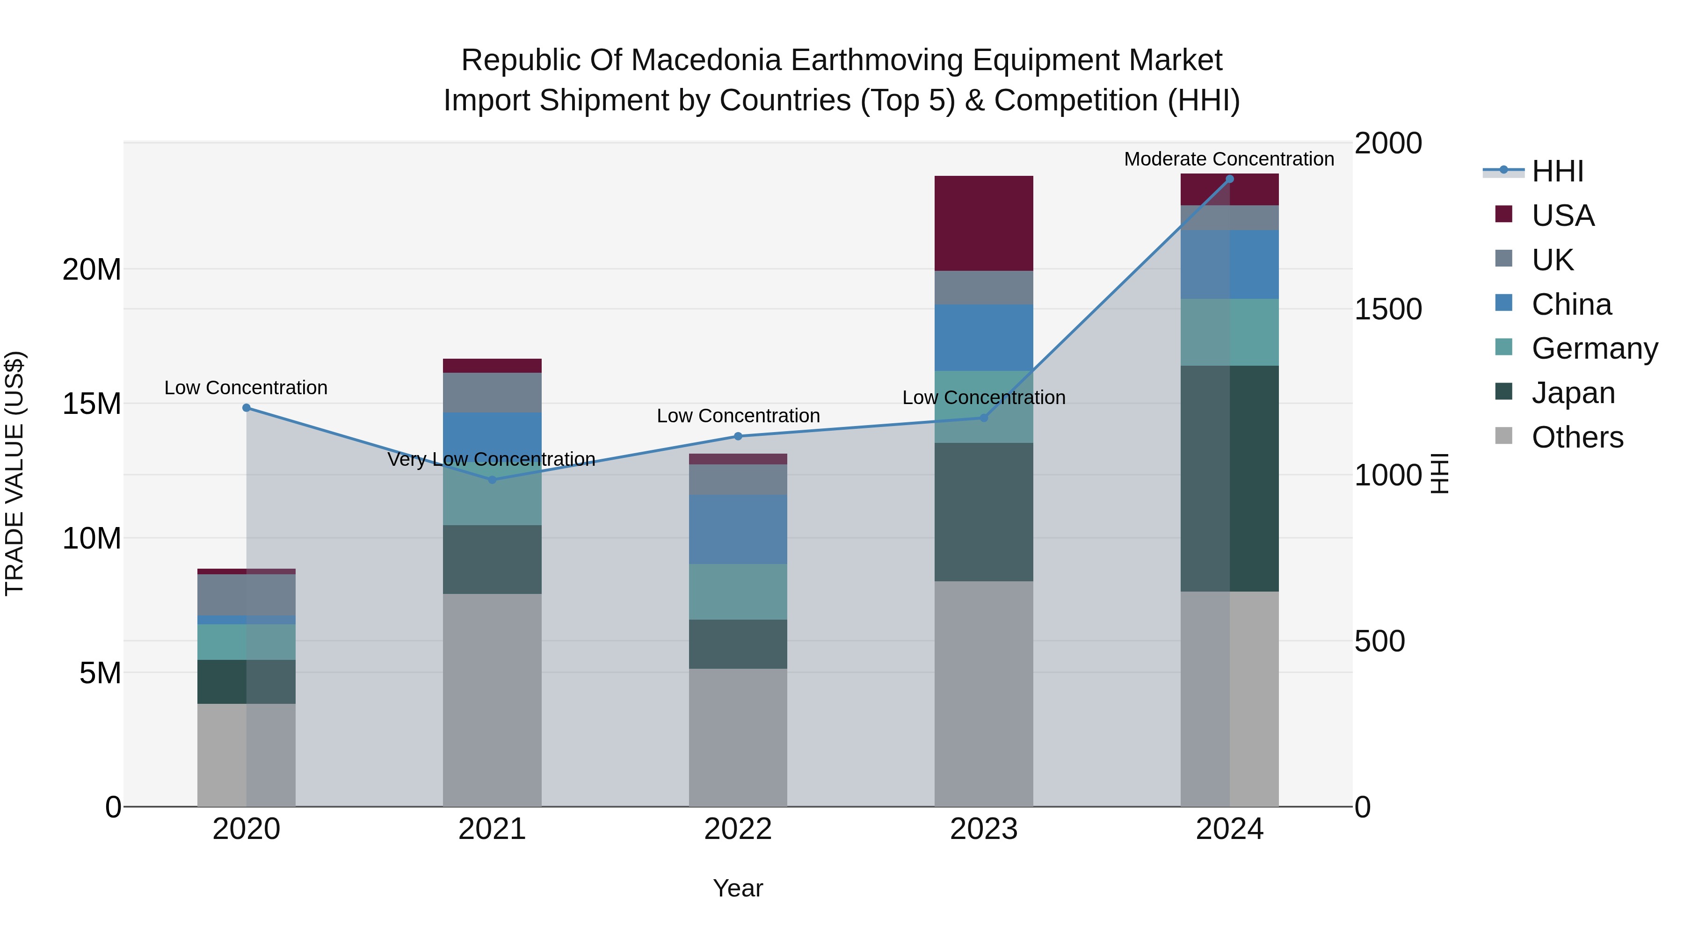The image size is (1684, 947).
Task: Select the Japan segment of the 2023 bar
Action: pyautogui.click(x=983, y=512)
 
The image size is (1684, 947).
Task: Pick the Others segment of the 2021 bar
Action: pyautogui.click(x=492, y=699)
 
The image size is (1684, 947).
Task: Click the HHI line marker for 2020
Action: pyautogui.click(x=247, y=408)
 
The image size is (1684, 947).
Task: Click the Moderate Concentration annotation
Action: pyautogui.click(x=1228, y=159)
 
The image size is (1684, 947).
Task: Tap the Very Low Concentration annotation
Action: pyautogui.click(x=491, y=459)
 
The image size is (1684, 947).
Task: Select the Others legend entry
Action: pyautogui.click(x=1577, y=437)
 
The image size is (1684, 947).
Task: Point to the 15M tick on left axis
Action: pyautogui.click(x=92, y=404)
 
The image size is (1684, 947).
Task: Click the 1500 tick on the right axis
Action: pyautogui.click(x=1387, y=309)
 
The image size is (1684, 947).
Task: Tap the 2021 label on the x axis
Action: pyautogui.click(x=492, y=829)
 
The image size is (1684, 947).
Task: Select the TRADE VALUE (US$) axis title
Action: pyautogui.click(x=15, y=473)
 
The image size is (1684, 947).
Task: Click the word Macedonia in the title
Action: pyautogui.click(x=706, y=60)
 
